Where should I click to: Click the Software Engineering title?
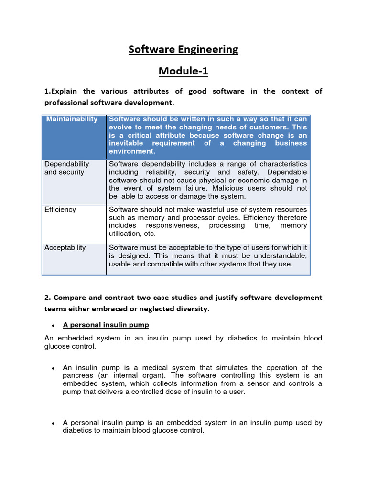(x=183, y=50)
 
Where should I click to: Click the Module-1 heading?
(x=183, y=72)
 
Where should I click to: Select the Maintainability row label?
(x=72, y=119)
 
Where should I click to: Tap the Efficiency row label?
(x=60, y=210)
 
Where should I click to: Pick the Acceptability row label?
(x=65, y=248)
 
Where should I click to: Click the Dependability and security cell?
(x=67, y=168)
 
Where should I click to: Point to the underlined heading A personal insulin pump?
(x=106, y=325)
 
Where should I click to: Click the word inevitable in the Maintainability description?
(x=127, y=143)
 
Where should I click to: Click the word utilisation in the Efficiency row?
(x=125, y=234)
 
